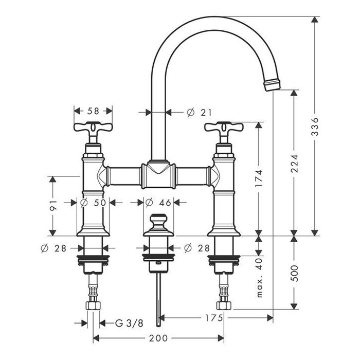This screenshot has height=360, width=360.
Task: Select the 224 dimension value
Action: pos(294,164)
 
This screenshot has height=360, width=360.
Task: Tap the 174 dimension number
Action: pos(259,178)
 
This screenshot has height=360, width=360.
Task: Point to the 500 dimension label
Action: pos(294,273)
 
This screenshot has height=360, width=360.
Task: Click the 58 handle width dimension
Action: pos(93,111)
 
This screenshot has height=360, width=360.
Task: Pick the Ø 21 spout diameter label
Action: pos(199,113)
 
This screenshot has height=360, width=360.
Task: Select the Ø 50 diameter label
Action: pos(93,203)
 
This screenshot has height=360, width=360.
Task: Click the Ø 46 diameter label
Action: pos(158,203)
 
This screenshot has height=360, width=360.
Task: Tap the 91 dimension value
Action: pos(53,205)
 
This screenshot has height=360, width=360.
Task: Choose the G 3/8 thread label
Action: pos(129,323)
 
